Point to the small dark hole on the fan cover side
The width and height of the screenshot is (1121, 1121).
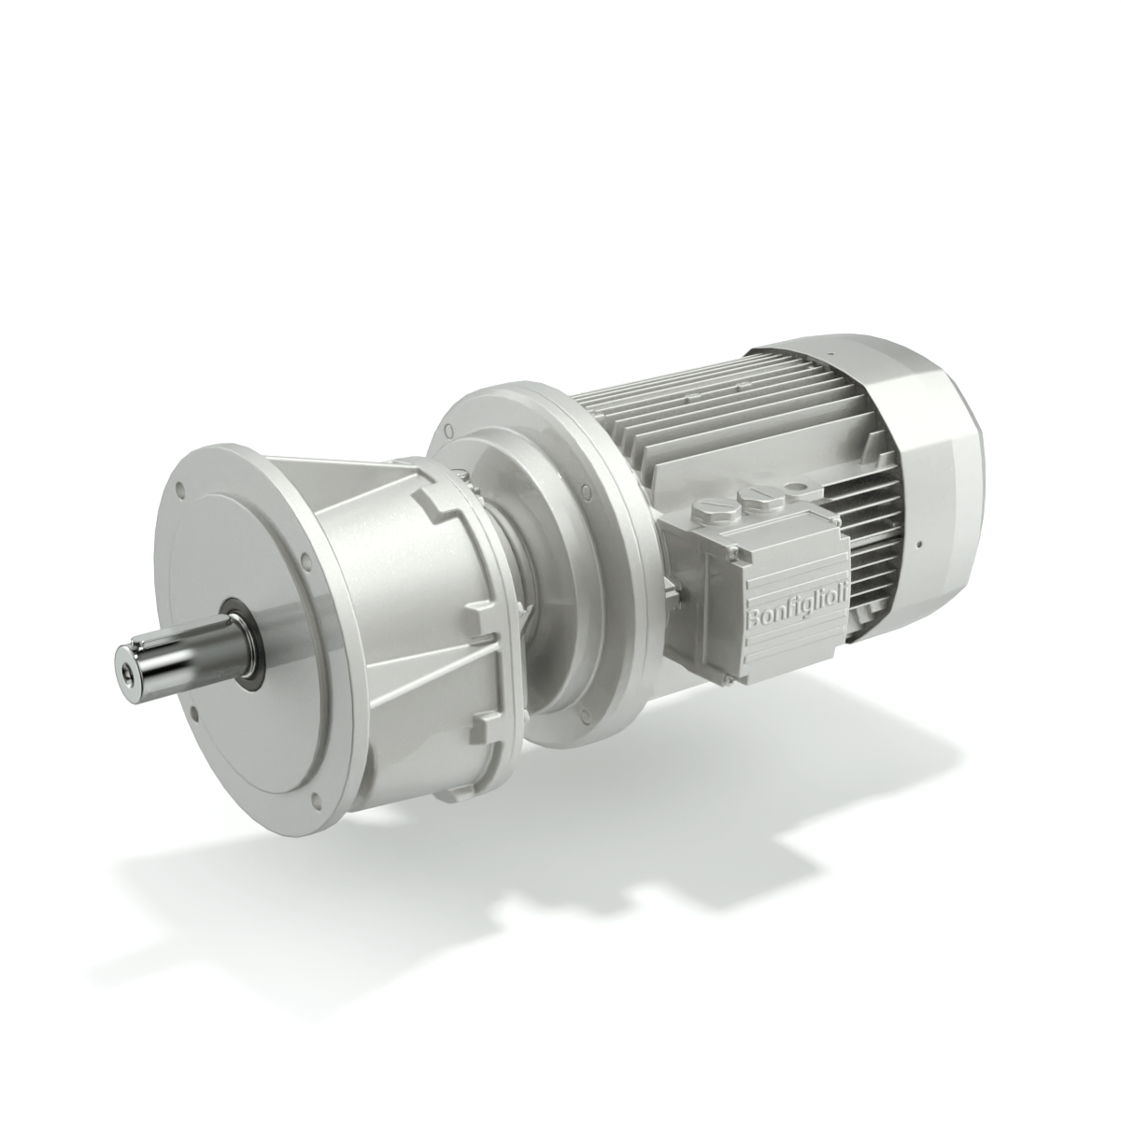point(920,542)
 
